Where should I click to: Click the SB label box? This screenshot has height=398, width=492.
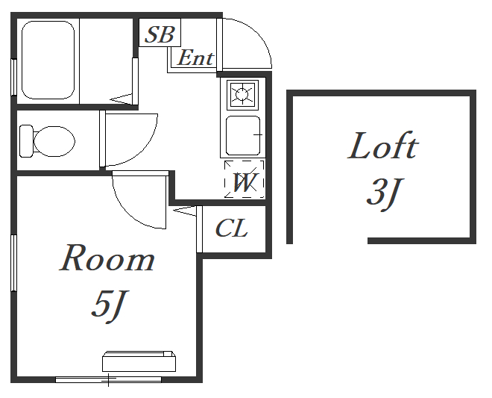160,32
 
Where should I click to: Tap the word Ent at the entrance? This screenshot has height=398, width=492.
195,57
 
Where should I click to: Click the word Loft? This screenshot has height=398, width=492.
383,146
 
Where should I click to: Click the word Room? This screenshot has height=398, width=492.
107,258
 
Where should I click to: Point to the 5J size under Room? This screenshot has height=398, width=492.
109,306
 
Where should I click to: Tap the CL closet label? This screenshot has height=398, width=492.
232,228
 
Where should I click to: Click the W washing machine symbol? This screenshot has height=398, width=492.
244,179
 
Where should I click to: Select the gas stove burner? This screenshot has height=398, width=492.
242,94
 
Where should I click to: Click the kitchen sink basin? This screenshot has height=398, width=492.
243,135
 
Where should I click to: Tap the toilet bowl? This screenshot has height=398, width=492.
54,141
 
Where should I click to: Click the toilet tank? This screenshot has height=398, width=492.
26,141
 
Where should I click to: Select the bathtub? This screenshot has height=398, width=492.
48,60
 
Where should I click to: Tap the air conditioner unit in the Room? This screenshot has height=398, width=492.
139,361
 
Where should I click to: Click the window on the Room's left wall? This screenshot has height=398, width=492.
13,263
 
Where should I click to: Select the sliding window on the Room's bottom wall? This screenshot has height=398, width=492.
108,379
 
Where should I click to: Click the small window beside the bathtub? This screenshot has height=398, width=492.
13,77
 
